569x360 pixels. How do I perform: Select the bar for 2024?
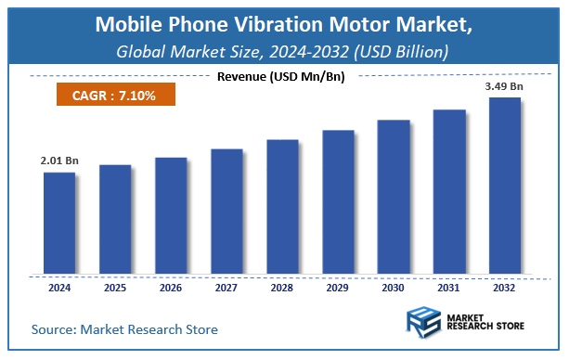point(58,224)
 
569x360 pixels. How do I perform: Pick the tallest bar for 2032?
point(504,186)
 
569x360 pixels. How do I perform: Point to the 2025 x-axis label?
point(114,288)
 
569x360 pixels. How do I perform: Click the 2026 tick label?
point(170,288)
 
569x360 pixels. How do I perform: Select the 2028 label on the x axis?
point(281,288)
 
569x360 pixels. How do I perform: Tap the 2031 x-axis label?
point(448,288)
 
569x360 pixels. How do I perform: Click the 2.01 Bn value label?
point(59,161)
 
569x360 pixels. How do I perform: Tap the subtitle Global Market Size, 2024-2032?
point(284,51)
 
